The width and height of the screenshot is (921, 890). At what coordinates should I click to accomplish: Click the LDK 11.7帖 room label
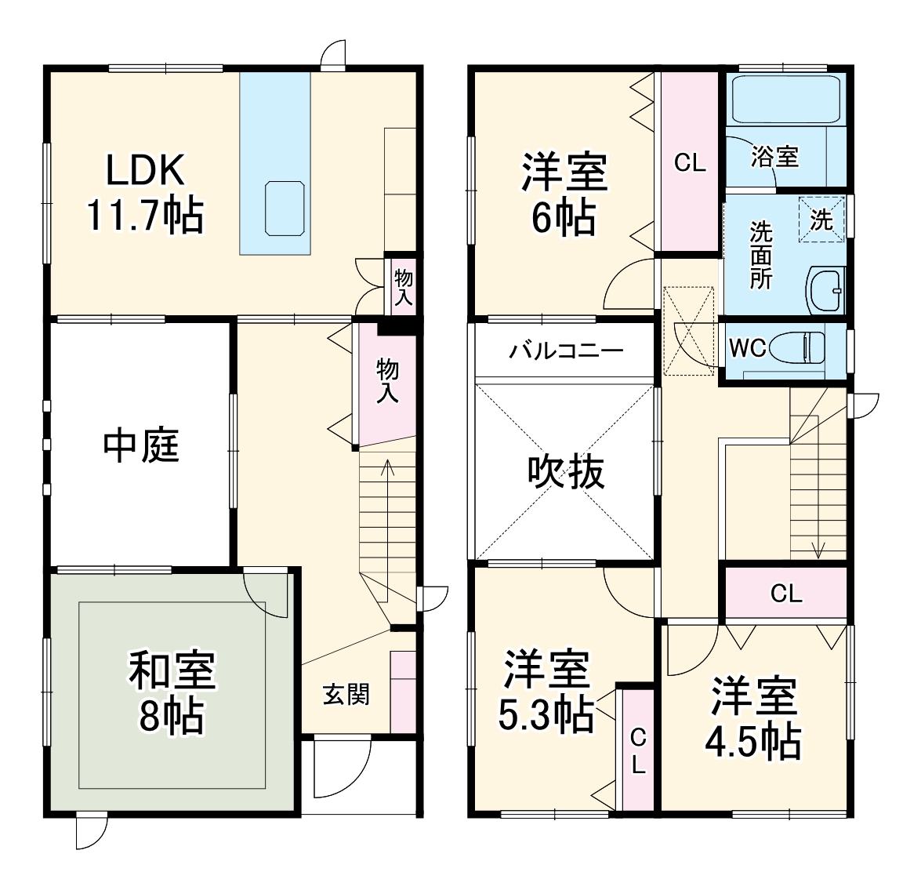coord(145,193)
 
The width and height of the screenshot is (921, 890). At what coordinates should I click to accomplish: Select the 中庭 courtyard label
coord(141,445)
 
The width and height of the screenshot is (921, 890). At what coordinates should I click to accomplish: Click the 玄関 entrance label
coord(346,694)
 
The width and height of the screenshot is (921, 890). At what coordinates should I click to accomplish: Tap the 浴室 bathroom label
coord(774,156)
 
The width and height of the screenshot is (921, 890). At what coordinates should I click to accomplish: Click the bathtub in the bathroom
coord(785,99)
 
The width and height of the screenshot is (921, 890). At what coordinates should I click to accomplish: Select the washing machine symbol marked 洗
coord(821,218)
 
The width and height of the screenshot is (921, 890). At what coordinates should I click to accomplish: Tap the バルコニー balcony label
coord(566,350)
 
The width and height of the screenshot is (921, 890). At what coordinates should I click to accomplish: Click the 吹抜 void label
coord(566,472)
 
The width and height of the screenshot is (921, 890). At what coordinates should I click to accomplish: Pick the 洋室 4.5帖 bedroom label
coord(754,718)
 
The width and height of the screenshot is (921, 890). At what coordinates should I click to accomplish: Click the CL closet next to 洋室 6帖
coord(690,162)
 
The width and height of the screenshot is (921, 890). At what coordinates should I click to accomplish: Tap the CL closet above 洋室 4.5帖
coord(785,593)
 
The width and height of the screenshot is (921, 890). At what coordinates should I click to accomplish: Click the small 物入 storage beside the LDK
coord(403,285)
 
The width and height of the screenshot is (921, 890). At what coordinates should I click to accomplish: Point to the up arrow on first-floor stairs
coord(387,469)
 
